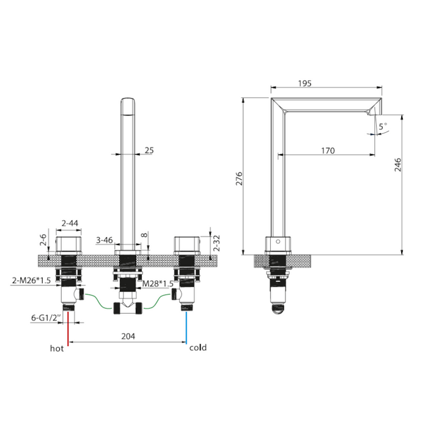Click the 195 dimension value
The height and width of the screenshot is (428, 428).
tap(304, 83)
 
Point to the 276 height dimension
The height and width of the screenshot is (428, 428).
tap(239, 179)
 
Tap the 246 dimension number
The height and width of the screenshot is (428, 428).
tap(398, 164)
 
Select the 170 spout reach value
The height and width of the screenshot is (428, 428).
tap(328, 150)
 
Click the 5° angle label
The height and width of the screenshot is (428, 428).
tap(383, 126)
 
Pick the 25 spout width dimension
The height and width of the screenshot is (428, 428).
tap(149, 150)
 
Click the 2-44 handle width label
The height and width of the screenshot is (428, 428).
tap(70, 223)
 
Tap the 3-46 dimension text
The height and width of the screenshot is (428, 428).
tap(105, 240)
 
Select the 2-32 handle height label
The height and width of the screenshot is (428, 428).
tap(216, 243)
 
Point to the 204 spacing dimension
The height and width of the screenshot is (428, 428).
tap(128, 336)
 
